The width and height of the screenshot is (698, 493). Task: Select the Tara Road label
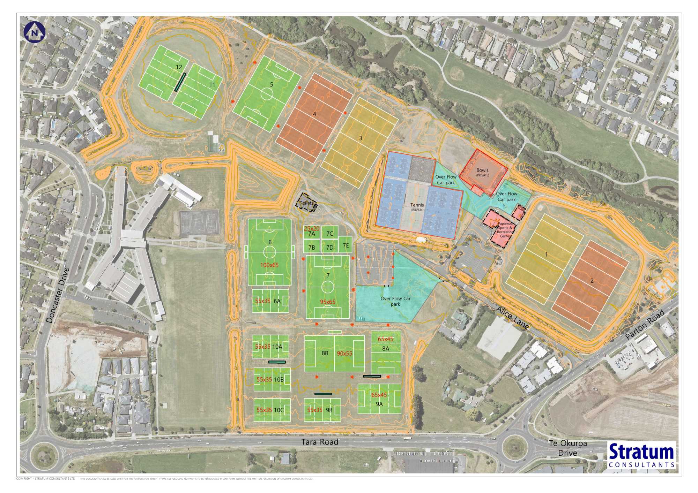tap(320, 442)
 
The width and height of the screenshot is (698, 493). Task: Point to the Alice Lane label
tap(512, 318)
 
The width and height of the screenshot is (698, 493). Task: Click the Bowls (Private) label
tap(483, 172)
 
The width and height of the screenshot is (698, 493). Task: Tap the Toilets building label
tap(307, 203)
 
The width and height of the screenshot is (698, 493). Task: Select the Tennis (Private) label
tap(417, 207)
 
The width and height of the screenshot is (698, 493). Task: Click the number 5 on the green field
tap(272, 84)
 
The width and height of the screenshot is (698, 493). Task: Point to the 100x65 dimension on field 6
tap(269, 265)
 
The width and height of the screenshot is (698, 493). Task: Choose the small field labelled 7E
tap(346, 245)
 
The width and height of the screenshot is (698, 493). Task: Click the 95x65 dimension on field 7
tap(327, 302)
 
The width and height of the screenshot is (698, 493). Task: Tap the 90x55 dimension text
tap(344, 353)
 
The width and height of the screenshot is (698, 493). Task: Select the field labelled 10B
tap(272, 379)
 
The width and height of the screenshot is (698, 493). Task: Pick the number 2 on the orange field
tap(592, 280)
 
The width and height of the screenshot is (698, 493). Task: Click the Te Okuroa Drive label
tap(568, 448)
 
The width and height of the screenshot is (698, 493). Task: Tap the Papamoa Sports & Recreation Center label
tap(505, 230)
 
